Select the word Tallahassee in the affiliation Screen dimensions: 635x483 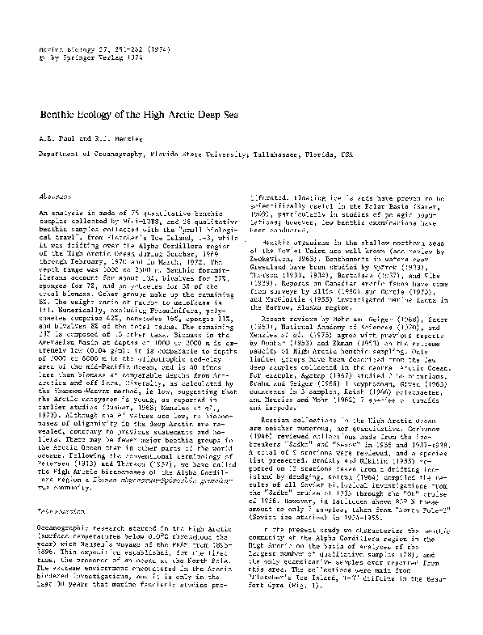point(273,152)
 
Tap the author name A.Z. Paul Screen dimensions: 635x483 point(57,138)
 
